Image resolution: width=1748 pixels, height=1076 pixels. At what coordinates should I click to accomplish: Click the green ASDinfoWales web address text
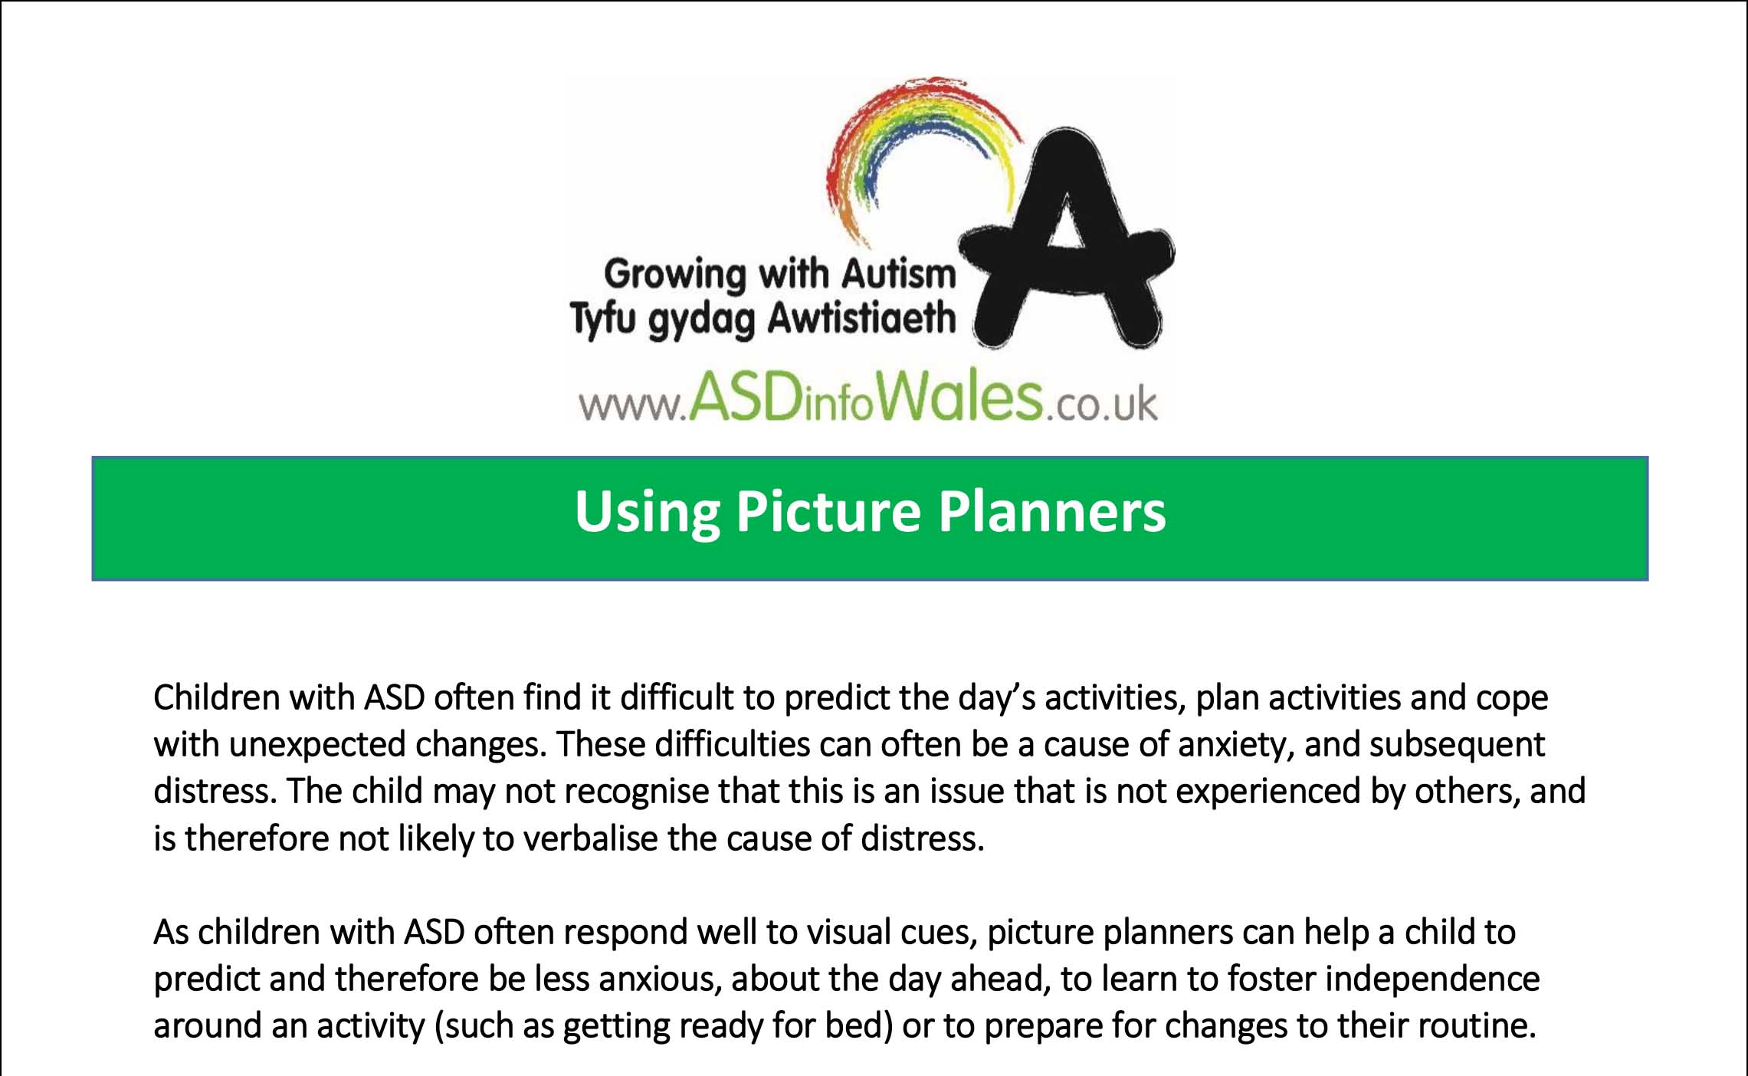[866, 399]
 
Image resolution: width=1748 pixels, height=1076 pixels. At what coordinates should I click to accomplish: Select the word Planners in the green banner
[1051, 512]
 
